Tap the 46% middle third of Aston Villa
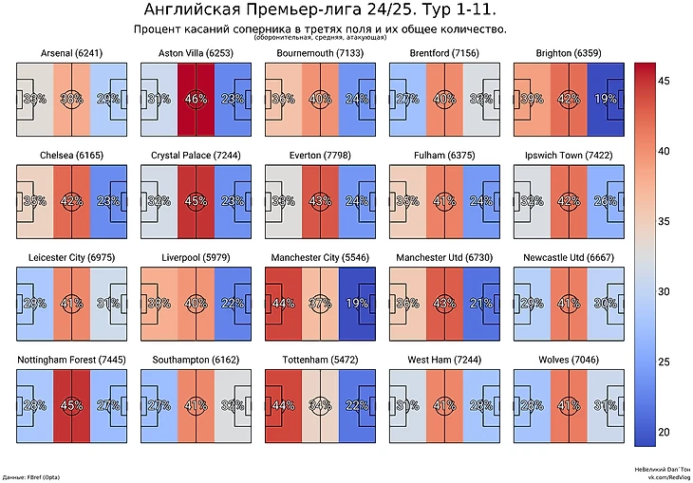coord(196,98)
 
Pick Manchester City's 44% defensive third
coord(282,303)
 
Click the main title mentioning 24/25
coord(319,10)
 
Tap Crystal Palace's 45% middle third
coord(196,200)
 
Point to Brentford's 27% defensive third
coord(409,98)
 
